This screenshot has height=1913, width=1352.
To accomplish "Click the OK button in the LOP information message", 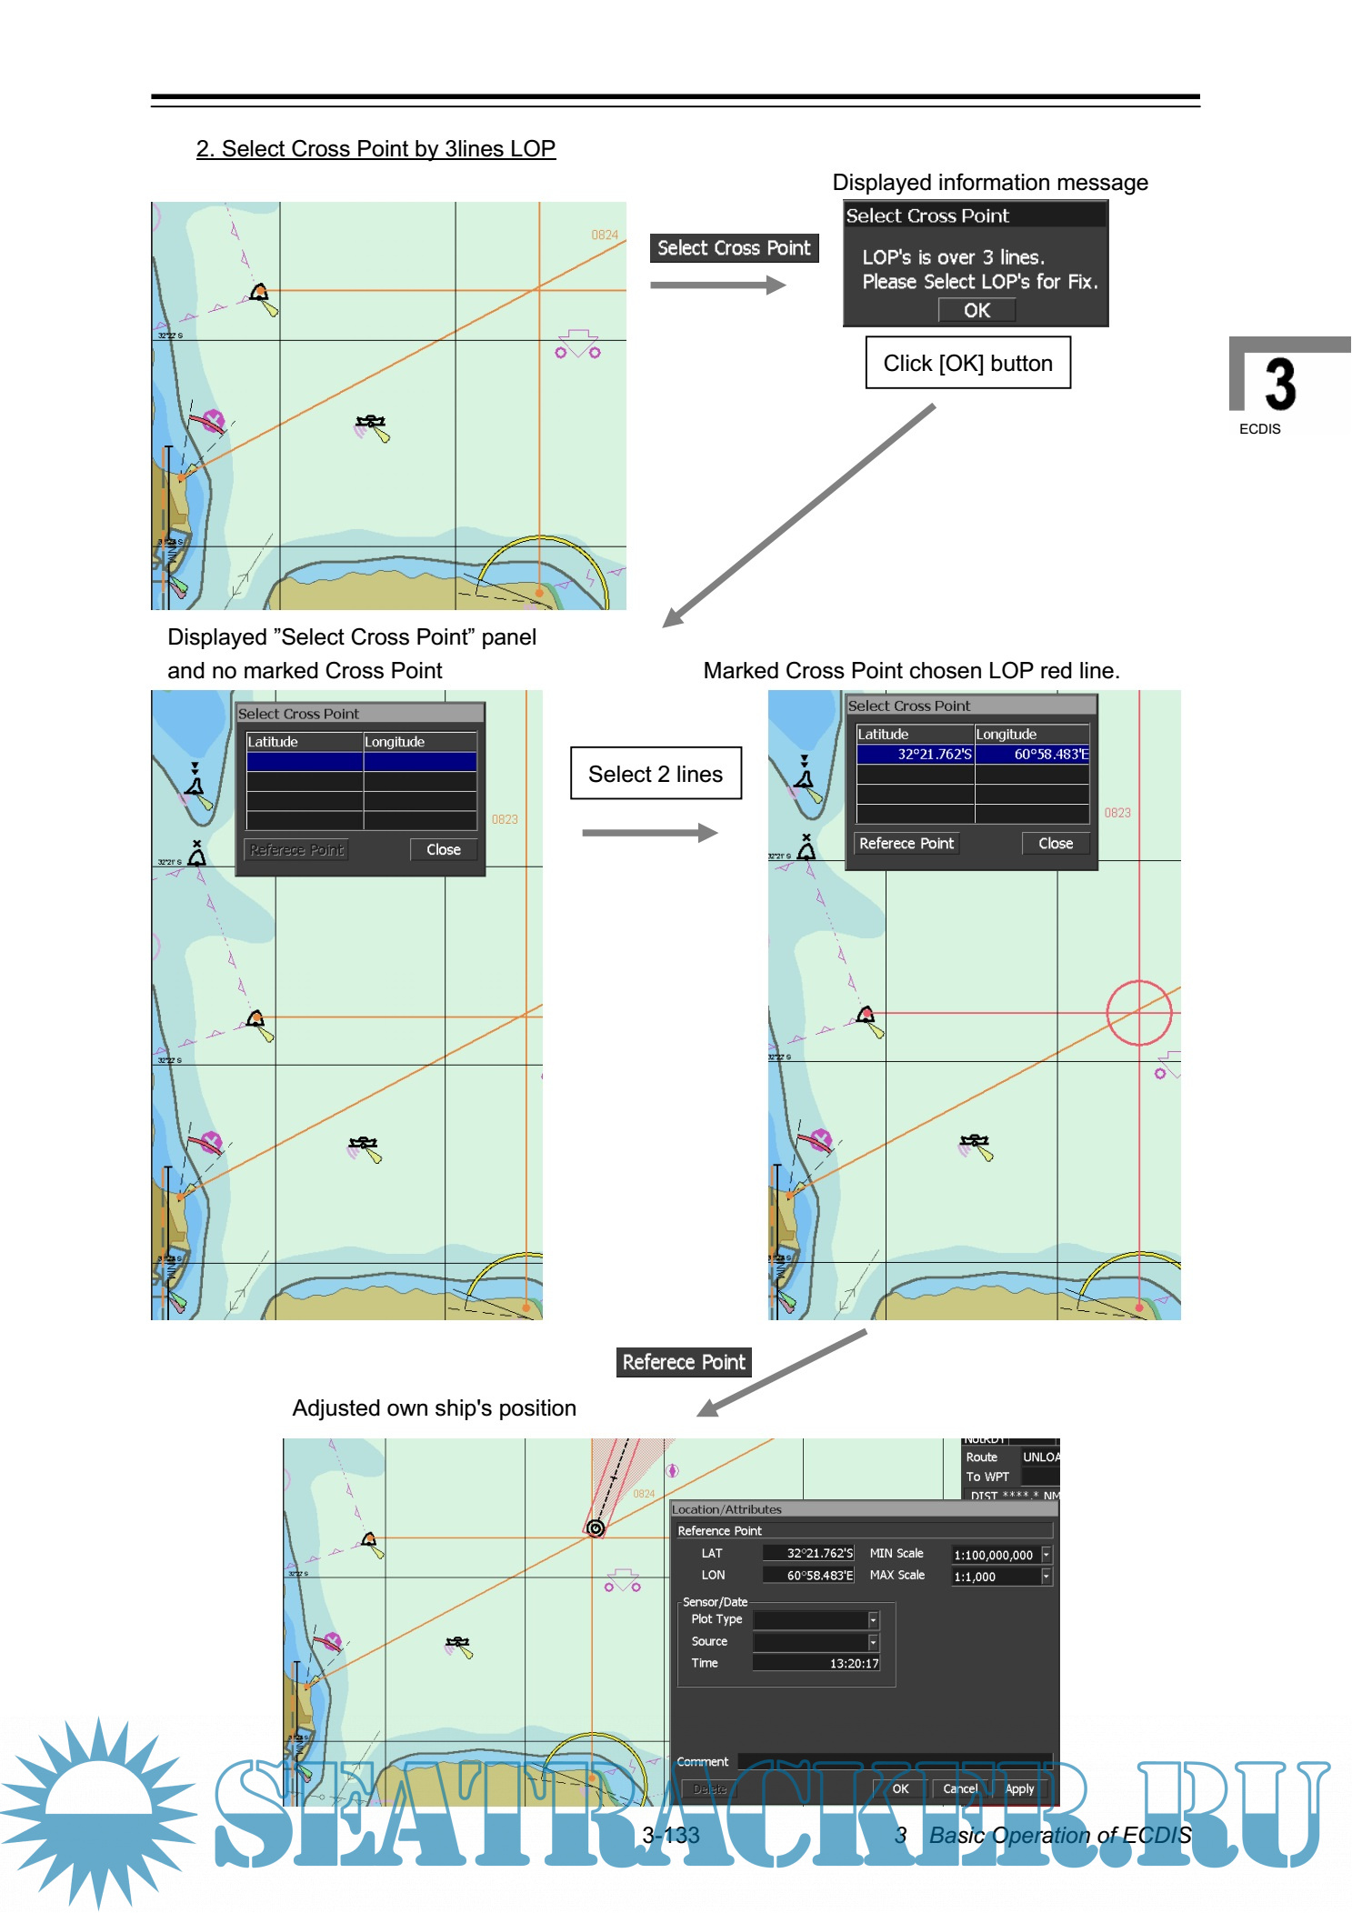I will (976, 310).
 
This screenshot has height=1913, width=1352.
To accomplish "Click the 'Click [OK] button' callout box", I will (967, 363).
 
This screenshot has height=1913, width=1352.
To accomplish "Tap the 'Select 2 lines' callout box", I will (655, 774).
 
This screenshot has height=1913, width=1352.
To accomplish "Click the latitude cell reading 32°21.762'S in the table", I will (915, 754).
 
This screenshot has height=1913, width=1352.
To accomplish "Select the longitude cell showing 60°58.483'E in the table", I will (1032, 754).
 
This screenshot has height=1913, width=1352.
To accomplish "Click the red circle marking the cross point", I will (1138, 1012).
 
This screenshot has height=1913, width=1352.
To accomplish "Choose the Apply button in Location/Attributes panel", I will (1019, 1788).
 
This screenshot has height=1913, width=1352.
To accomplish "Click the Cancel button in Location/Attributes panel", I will (960, 1788).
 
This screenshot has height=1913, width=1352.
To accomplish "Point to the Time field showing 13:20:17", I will (816, 1663).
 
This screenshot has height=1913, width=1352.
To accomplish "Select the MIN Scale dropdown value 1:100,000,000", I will (995, 1555).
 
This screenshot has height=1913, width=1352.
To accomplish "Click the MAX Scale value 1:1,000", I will (995, 1577).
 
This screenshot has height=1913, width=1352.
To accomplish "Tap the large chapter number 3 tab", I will (1280, 385).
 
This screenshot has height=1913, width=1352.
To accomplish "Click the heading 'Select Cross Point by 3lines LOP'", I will (376, 149).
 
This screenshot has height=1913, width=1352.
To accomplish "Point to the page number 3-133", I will (670, 1835).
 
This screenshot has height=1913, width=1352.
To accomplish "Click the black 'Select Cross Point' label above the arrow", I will (734, 248).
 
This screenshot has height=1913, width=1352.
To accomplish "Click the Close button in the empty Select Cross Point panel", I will (444, 849).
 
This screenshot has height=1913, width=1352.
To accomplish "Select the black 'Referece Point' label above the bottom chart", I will (684, 1362).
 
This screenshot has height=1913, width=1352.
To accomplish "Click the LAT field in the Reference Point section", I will (807, 1553).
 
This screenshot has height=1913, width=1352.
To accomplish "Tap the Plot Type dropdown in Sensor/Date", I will (816, 1619).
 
